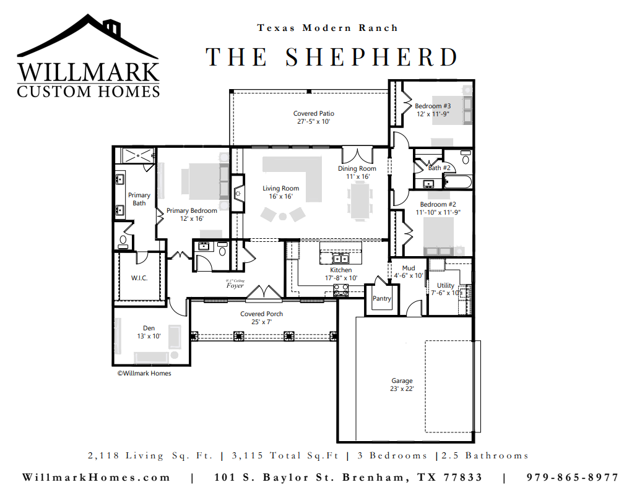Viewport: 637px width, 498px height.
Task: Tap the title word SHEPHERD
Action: pos(371,57)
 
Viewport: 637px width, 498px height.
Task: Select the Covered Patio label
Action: pos(314,114)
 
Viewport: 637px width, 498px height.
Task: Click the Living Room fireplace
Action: pos(238,193)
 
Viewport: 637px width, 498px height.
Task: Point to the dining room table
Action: pos(360,201)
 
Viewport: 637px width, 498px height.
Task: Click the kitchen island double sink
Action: pos(340,258)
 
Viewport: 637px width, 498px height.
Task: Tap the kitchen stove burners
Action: pos(341,290)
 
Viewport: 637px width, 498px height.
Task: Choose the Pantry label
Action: pos(382,299)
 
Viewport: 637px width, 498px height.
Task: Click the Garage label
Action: pos(402,380)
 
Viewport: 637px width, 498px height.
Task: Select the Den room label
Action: pos(149,328)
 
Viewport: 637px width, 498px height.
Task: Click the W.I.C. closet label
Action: pos(139,278)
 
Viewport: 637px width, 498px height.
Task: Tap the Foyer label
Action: pos(235,285)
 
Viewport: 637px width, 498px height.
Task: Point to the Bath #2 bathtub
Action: pos(457,182)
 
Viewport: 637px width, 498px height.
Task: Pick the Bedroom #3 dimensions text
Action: pos(433,114)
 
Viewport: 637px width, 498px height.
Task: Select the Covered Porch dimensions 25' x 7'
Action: pos(262,322)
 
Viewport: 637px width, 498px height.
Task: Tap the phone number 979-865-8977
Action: pos(573,478)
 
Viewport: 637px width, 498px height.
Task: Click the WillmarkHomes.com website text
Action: pos(96,478)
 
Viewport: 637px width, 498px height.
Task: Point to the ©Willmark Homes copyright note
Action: pos(144,374)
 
